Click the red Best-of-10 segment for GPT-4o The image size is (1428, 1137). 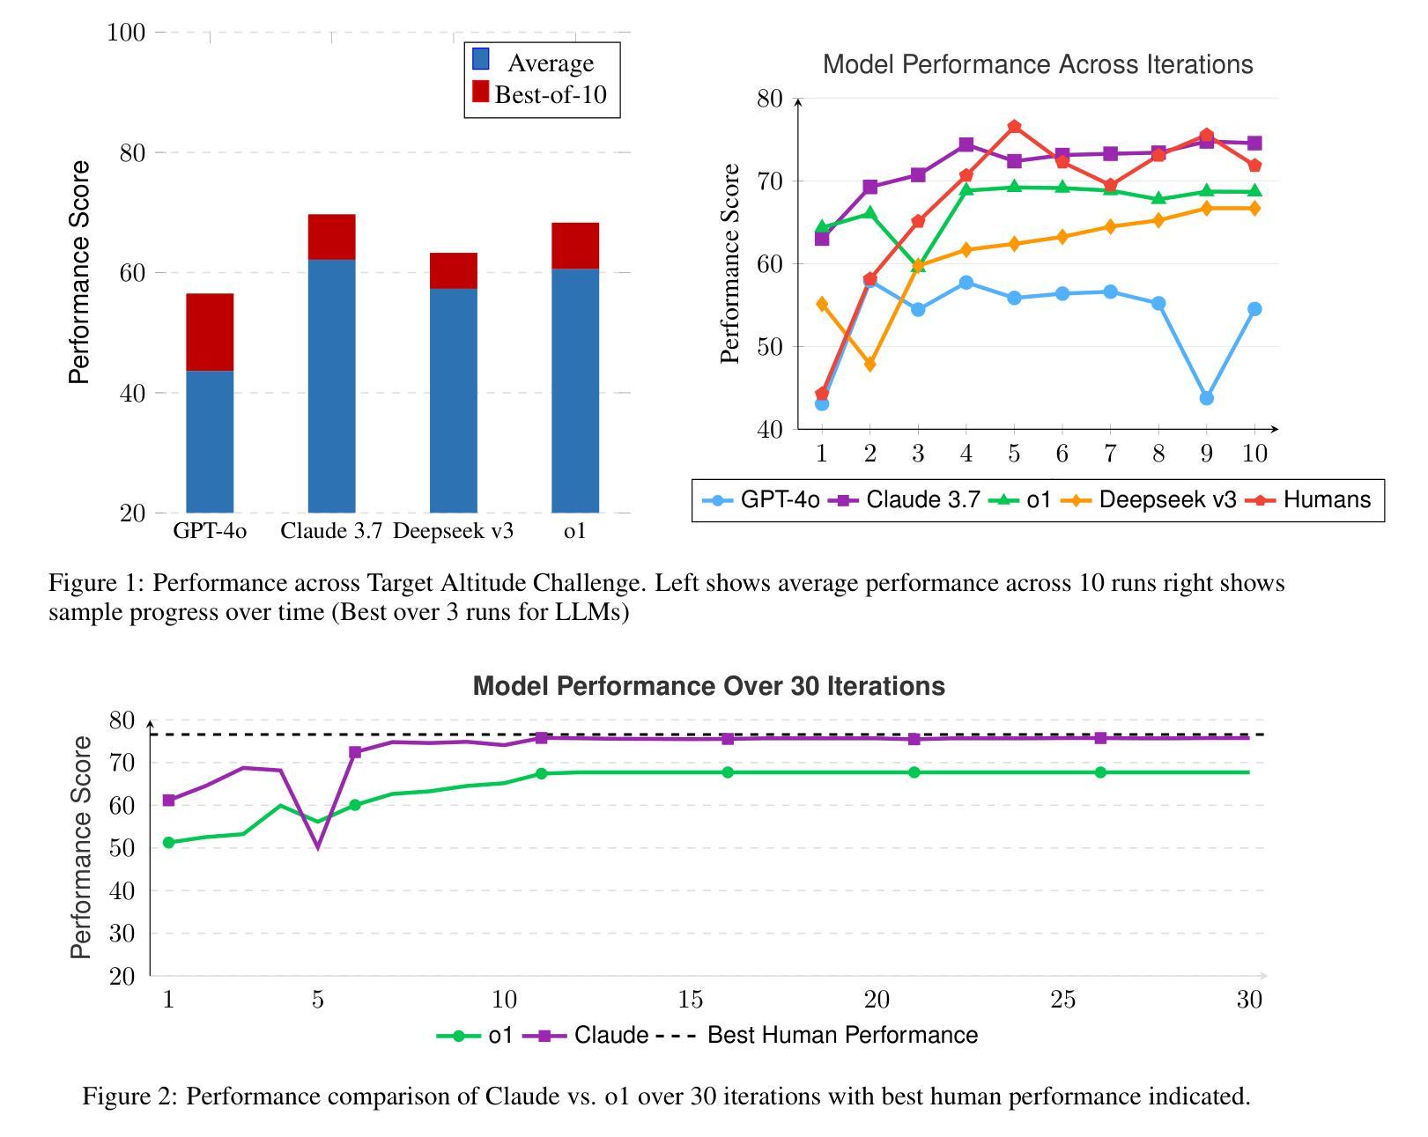click(x=210, y=332)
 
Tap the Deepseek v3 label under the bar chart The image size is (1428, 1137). click(x=453, y=531)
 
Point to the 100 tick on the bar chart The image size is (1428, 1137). click(x=125, y=33)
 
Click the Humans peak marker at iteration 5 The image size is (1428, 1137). click(x=1014, y=127)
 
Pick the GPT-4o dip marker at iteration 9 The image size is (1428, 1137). click(x=1206, y=398)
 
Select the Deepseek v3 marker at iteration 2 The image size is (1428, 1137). click(x=870, y=364)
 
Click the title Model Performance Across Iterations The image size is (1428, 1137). click(x=1037, y=64)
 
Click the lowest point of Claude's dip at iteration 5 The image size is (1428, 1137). click(x=318, y=847)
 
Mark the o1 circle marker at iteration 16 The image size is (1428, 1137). click(x=728, y=772)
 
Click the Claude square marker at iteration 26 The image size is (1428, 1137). click(x=1100, y=738)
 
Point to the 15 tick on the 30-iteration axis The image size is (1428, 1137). click(x=691, y=1000)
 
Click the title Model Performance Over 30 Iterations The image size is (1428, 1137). click(x=708, y=686)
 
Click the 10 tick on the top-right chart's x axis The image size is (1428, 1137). click(x=1254, y=454)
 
